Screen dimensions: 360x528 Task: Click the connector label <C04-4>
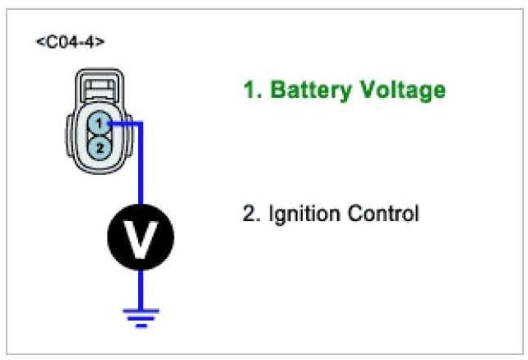(x=70, y=41)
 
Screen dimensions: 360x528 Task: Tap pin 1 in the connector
(x=98, y=124)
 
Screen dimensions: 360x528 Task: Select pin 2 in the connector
(x=98, y=148)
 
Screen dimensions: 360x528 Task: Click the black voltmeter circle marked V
(x=141, y=238)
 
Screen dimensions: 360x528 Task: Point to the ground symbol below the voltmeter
(x=141, y=317)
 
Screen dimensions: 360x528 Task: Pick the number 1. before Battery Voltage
(x=251, y=90)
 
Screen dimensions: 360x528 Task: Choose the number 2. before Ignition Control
(x=250, y=215)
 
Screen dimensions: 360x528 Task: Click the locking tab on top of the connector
(x=98, y=89)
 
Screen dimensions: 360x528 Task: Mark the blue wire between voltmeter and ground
(x=141, y=288)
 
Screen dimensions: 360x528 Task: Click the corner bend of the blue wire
(x=141, y=124)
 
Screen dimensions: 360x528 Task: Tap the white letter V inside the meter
(x=141, y=238)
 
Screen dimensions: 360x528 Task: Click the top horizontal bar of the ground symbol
(x=141, y=311)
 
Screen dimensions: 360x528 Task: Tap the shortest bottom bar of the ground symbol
(x=141, y=325)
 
